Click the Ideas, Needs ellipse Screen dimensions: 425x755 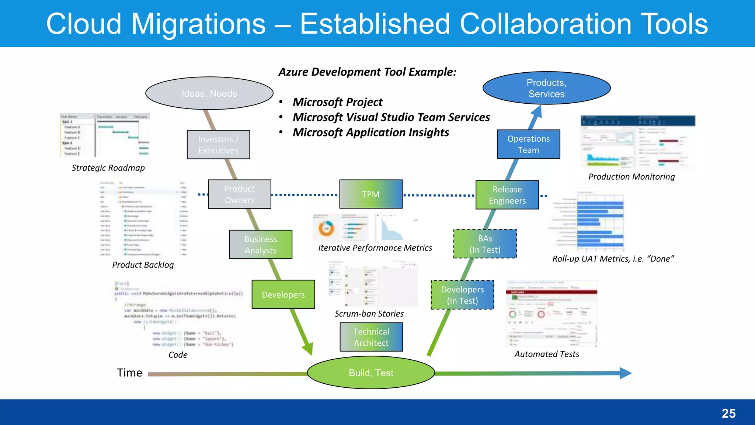[x=209, y=93]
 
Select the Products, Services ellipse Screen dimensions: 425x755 [x=546, y=88]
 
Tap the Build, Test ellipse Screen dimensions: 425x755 [x=371, y=373]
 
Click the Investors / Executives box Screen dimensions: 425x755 [x=218, y=145]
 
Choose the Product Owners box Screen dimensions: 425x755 [x=240, y=194]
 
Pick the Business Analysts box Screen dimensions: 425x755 [x=261, y=245]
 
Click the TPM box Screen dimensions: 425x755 [x=371, y=194]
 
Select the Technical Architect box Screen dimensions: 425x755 [x=371, y=337]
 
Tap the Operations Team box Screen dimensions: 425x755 [x=528, y=144]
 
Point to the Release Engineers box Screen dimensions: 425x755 [x=507, y=195]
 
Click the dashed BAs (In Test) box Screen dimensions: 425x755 [x=485, y=244]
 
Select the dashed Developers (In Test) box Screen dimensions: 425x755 [x=462, y=295]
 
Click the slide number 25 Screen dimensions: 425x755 [x=728, y=413]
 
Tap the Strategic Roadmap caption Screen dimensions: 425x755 [x=108, y=168]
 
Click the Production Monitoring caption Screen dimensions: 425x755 [x=631, y=177]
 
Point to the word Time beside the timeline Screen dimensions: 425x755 [x=129, y=373]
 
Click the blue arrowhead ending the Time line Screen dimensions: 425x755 [x=625, y=373]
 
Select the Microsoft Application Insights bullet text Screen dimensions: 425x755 [x=370, y=132]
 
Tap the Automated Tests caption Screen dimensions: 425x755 [x=547, y=354]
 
